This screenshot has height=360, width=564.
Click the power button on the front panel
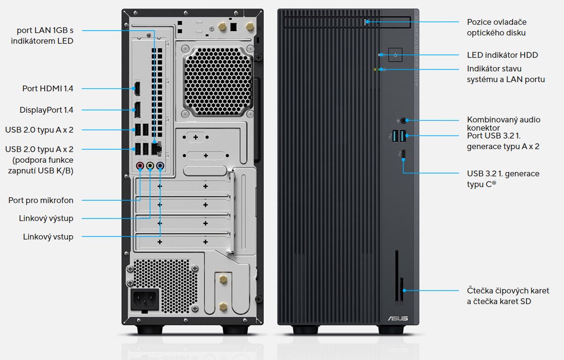point(395,55)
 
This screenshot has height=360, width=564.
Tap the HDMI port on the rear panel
point(137,89)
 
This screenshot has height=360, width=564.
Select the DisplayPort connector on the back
point(137,110)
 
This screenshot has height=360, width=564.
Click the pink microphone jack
point(140,166)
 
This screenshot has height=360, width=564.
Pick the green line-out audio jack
point(150,166)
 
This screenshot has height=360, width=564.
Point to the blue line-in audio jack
point(160,166)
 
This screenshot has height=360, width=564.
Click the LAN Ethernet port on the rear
point(157,145)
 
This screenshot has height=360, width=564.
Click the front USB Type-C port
point(403,154)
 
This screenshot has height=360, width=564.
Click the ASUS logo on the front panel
point(397,318)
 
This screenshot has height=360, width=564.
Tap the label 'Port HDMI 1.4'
point(48,88)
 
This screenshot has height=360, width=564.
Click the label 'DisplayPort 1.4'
point(46,110)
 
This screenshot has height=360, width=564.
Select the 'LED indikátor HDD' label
point(502,55)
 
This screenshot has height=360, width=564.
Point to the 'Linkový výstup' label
point(46,218)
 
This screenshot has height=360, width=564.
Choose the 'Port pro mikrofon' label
point(41,200)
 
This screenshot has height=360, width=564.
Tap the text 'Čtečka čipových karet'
point(508,291)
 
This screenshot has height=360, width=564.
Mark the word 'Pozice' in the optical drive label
point(479,22)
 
